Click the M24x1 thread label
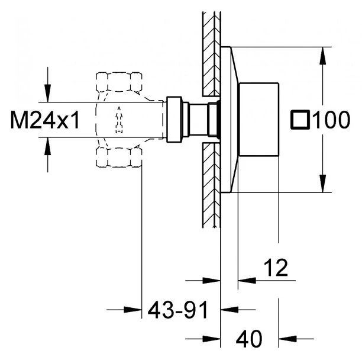tap(45, 120)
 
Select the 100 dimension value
tap(331, 120)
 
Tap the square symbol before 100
tap(300, 119)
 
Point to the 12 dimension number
tap(276, 268)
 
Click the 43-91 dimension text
tap(177, 310)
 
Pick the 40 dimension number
tap(249, 339)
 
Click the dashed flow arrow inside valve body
tap(119, 120)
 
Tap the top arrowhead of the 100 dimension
tap(323, 56)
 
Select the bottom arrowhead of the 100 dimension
tap(323, 184)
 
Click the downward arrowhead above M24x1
tap(47, 93)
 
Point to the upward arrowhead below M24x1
tap(47, 146)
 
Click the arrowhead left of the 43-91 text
tap(132, 310)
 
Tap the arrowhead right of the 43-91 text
tap(230, 310)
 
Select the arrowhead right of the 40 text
tap(287, 339)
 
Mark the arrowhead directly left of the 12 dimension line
tap(212, 281)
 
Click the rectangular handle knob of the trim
tap(258, 119)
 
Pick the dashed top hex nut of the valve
tap(119, 82)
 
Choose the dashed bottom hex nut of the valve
tap(119, 157)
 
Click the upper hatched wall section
tap(212, 54)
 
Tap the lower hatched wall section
tap(212, 185)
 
